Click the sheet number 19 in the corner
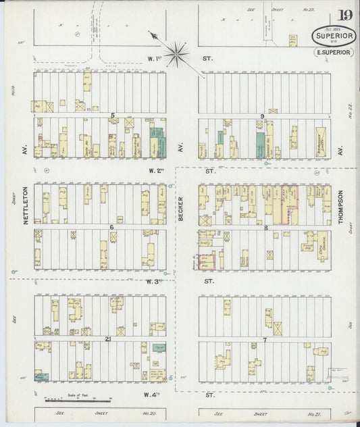click(344, 15)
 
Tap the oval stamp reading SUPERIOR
click(332, 36)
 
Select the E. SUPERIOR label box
click(332, 53)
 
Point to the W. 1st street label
click(155, 59)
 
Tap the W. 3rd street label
click(155, 281)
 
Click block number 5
click(112, 116)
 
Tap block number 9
click(263, 116)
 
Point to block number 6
click(111, 227)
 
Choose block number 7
click(265, 338)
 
